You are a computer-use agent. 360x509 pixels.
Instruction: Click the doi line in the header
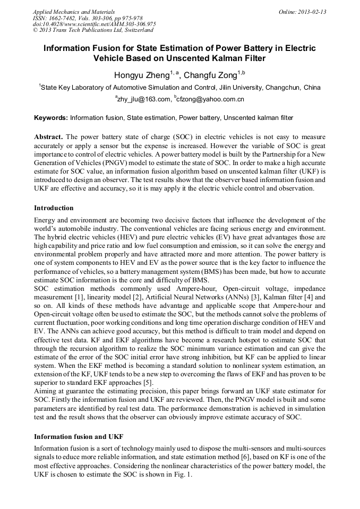[94, 24]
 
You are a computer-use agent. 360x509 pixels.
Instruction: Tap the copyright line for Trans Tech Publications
[93, 30]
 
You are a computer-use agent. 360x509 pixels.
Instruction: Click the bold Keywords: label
[51, 117]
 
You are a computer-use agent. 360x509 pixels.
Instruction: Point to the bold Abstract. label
[49, 136]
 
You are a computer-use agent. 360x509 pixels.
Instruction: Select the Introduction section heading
[54, 208]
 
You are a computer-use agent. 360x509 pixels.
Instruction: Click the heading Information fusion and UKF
[79, 436]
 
